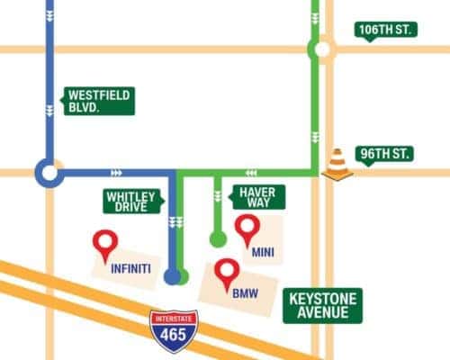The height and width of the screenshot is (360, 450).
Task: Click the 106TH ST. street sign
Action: pyautogui.click(x=385, y=30)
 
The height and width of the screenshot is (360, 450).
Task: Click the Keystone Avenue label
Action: pyautogui.click(x=323, y=305)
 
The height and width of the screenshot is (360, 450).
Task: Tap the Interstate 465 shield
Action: pyautogui.click(x=174, y=330)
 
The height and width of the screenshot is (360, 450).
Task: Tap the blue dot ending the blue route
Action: pyautogui.click(x=173, y=277)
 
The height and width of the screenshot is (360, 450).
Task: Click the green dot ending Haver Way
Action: pyautogui.click(x=218, y=238)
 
